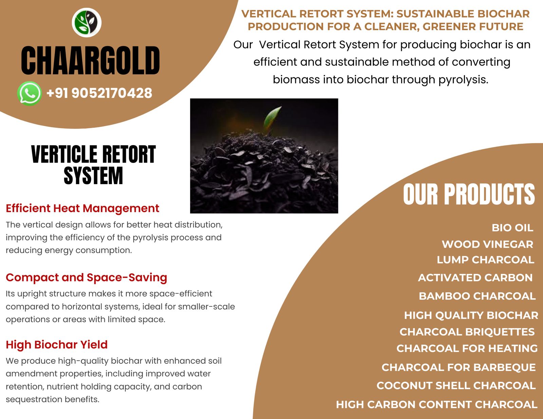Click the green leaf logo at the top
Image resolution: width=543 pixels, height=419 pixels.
click(87, 22)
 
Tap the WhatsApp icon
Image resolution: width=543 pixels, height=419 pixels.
click(30, 93)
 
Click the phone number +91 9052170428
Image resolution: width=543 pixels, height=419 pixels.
click(99, 93)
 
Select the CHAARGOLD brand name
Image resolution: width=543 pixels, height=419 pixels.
click(91, 60)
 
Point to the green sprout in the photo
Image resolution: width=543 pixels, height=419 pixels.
click(271, 119)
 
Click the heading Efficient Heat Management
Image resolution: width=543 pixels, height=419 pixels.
click(82, 208)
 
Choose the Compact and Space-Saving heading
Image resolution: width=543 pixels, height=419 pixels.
click(87, 278)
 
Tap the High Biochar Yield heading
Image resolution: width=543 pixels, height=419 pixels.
click(57, 345)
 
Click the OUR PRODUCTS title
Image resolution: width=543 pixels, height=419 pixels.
click(469, 194)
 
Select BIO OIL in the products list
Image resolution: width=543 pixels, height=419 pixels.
click(512, 228)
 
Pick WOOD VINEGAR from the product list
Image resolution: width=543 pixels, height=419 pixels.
click(488, 244)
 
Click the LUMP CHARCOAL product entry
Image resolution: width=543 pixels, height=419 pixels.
click(486, 260)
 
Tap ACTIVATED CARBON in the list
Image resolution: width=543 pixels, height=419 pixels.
click(475, 278)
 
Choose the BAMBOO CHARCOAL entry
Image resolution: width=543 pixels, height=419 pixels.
click(477, 296)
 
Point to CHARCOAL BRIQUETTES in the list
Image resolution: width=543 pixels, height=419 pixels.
click(467, 332)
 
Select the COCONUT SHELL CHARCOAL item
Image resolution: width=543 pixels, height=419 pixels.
click(456, 385)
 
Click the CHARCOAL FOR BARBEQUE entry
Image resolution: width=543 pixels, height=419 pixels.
click(459, 367)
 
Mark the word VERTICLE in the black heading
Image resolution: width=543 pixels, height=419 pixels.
click(64, 155)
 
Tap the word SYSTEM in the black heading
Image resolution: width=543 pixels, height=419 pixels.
click(93, 176)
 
